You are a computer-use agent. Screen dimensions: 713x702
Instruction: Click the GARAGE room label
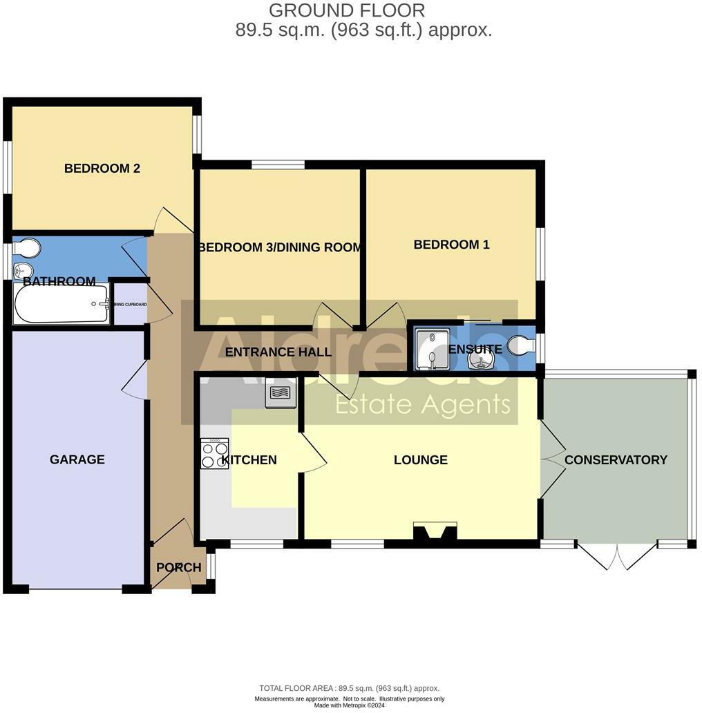click(x=77, y=459)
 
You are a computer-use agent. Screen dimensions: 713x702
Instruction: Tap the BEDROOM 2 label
click(x=102, y=169)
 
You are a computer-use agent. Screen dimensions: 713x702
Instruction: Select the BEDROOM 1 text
click(x=451, y=245)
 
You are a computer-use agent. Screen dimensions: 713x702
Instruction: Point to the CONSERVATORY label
click(x=616, y=460)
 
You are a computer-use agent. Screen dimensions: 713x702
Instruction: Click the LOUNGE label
click(x=420, y=460)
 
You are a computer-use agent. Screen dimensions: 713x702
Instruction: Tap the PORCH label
click(x=178, y=568)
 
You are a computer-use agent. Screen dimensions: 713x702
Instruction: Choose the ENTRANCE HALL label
click(x=278, y=352)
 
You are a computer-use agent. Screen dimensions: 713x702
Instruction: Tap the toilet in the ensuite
click(x=522, y=345)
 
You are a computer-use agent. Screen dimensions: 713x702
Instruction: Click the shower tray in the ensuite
click(x=431, y=349)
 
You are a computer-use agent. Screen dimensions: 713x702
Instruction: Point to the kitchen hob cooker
click(x=214, y=453)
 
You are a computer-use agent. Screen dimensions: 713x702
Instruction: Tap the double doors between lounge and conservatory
click(x=551, y=459)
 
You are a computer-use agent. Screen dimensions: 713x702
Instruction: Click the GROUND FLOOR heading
click(x=346, y=11)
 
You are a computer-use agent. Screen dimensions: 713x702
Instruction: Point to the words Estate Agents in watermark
click(x=422, y=405)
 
